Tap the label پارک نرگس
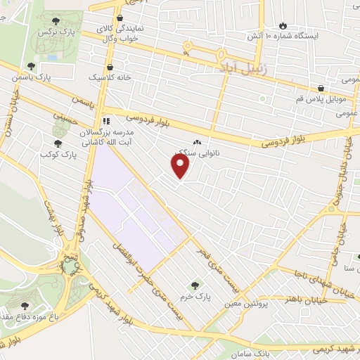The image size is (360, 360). (x=58, y=32)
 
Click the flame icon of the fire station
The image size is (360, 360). (x=283, y=25)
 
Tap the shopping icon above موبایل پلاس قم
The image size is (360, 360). (x=321, y=89)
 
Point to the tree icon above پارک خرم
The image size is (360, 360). (x=195, y=285)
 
